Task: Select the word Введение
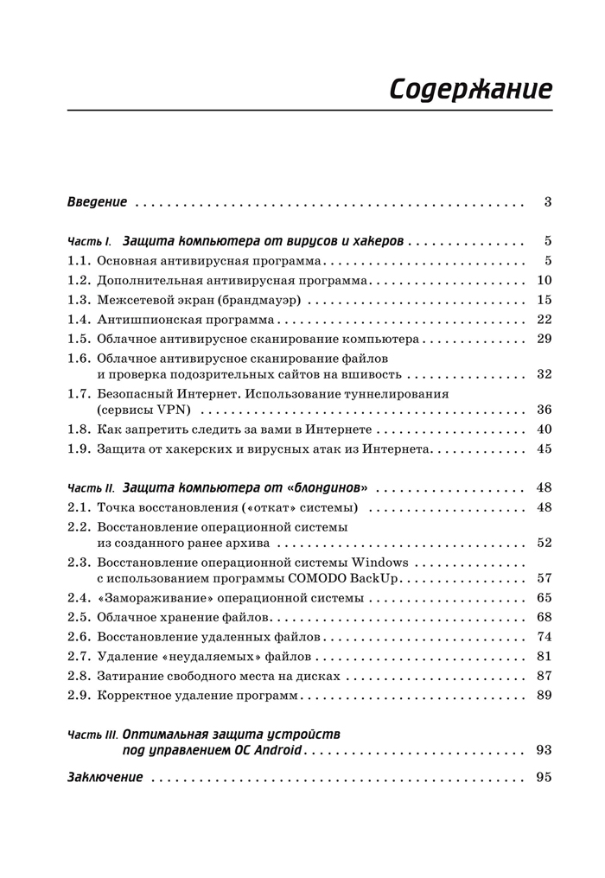pyautogui.click(x=97, y=202)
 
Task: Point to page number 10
pyautogui.click(x=544, y=280)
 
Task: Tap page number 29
pyautogui.click(x=544, y=339)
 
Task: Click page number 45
pyautogui.click(x=544, y=449)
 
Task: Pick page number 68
pyautogui.click(x=544, y=617)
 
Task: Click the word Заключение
pyautogui.click(x=105, y=778)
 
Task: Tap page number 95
pyautogui.click(x=544, y=778)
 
